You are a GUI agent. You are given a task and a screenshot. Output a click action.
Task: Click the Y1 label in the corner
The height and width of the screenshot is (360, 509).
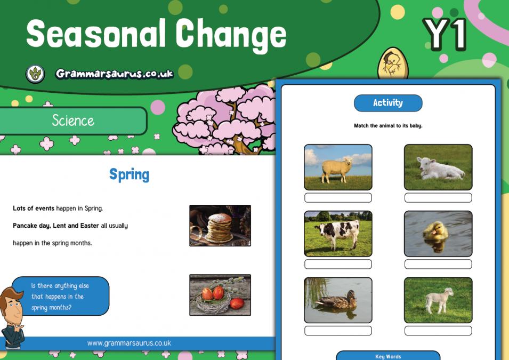click(445, 35)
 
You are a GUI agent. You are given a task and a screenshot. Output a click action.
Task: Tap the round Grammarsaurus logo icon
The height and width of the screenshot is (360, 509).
click(35, 74)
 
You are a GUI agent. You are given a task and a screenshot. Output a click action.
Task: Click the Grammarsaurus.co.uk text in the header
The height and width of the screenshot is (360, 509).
click(115, 74)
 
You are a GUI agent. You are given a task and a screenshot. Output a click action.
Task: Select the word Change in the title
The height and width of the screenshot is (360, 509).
click(231, 35)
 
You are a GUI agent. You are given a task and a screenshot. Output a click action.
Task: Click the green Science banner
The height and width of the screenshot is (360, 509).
click(73, 121)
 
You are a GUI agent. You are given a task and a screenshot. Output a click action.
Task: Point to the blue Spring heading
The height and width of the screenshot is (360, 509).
click(129, 174)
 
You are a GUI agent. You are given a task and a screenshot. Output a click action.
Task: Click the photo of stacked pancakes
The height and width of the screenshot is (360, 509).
click(220, 225)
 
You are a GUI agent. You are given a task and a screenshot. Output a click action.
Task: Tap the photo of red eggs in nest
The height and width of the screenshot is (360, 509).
click(220, 295)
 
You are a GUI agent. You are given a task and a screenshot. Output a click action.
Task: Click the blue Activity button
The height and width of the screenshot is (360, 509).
click(388, 103)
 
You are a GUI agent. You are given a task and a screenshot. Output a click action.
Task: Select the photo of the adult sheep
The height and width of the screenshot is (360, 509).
click(338, 167)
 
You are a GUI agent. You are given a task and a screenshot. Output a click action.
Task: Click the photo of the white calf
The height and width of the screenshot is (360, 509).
click(438, 167)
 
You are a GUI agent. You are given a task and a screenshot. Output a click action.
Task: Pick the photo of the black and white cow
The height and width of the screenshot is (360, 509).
click(338, 234)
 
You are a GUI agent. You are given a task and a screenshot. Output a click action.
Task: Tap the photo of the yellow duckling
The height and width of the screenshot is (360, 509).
click(438, 234)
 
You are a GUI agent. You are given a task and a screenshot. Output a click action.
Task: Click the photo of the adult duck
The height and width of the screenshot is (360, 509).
click(338, 300)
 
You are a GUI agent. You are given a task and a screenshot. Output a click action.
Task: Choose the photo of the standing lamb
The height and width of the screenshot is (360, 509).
click(438, 300)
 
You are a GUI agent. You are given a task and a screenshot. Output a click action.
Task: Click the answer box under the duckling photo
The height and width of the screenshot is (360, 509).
click(438, 264)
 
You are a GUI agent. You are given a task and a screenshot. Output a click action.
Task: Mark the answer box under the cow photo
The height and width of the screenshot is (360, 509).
click(338, 264)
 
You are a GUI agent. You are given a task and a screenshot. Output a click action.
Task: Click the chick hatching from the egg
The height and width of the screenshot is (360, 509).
click(392, 64)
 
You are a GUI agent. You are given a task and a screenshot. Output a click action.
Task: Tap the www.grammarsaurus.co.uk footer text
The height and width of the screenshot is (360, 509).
click(129, 343)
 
